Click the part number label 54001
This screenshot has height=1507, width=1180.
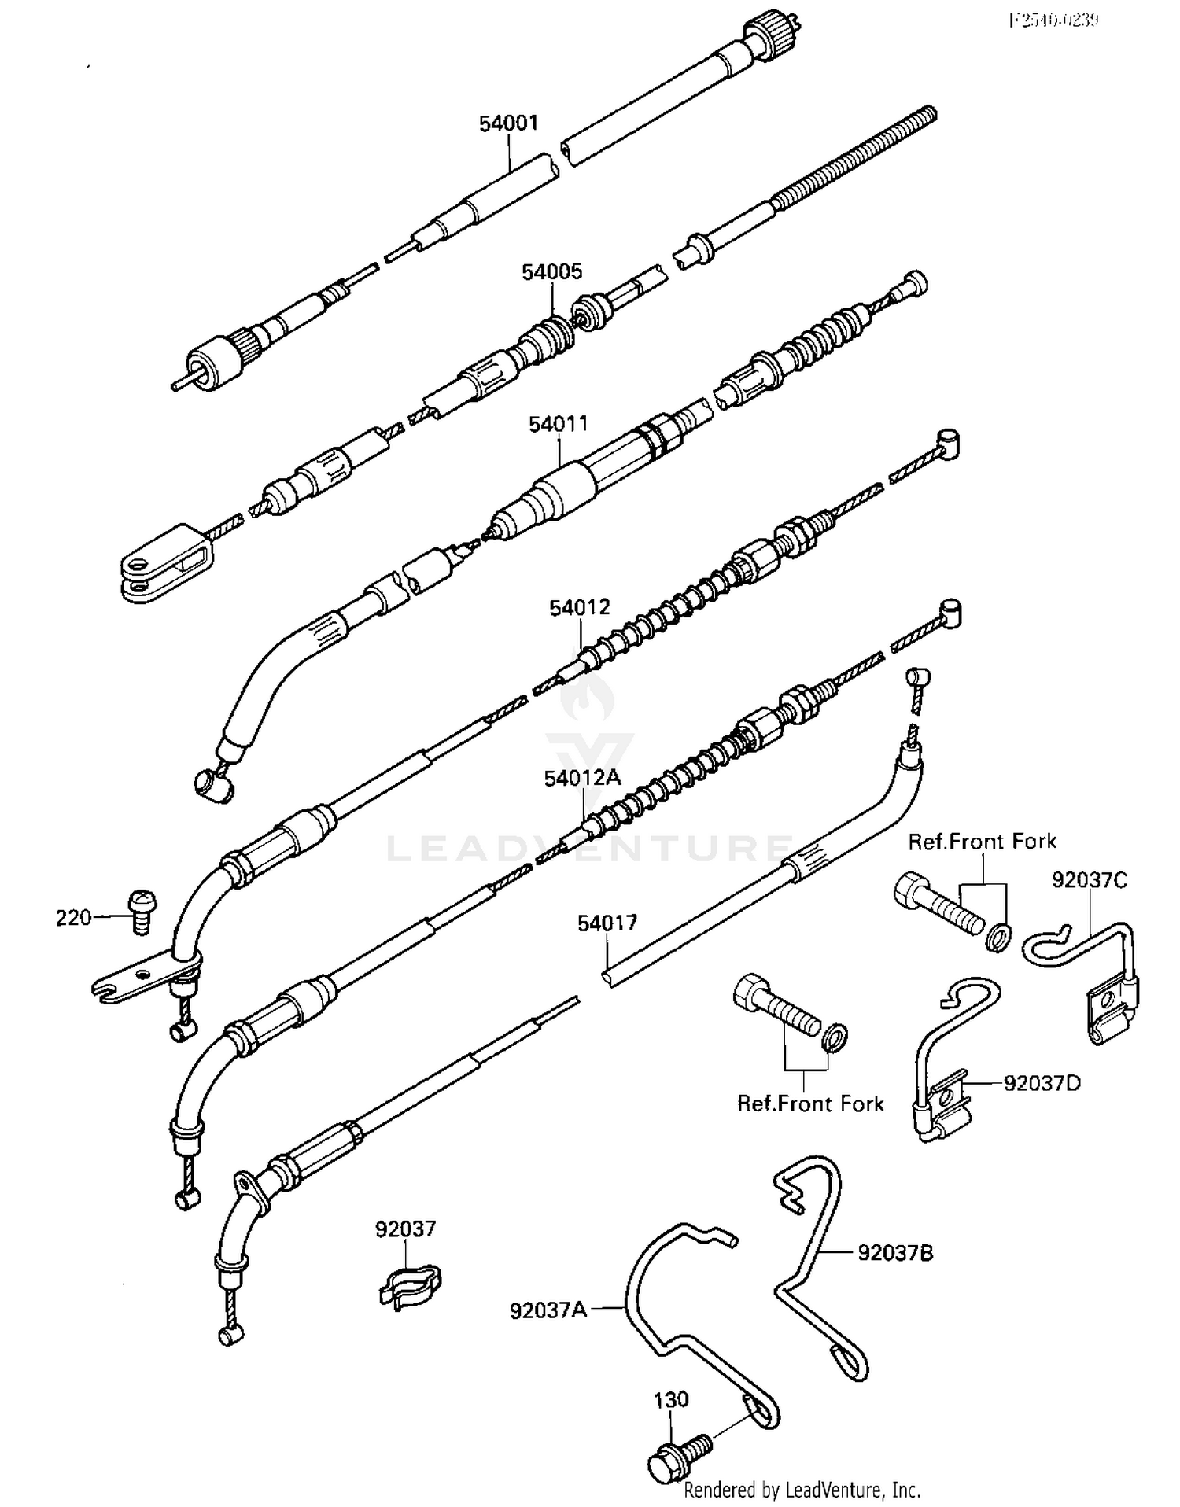(x=509, y=123)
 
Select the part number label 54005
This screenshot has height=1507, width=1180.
(x=552, y=272)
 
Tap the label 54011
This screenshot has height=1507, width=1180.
(x=558, y=425)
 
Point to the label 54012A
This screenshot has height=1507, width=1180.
(x=583, y=778)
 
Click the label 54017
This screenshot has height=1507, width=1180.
(x=607, y=923)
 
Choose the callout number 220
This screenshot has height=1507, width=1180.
(x=73, y=917)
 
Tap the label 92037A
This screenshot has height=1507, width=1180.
(x=548, y=1311)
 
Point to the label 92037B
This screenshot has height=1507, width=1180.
(x=895, y=1252)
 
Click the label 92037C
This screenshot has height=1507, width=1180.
(x=1090, y=880)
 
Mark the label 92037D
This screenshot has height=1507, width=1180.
(x=1042, y=1083)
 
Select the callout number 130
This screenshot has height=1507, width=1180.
(x=671, y=1399)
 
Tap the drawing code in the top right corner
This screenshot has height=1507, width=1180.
(x=1054, y=20)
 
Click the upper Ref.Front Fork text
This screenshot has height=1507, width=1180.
(x=982, y=842)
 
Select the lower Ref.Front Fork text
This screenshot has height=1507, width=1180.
(x=810, y=1104)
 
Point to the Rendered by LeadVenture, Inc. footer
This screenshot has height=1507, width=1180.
(x=802, y=1489)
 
